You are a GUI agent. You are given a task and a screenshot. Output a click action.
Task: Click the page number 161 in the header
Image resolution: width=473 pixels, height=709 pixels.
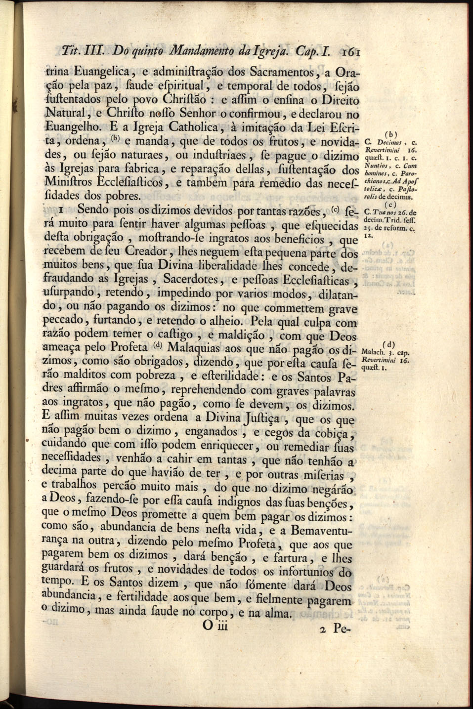[x=352, y=51]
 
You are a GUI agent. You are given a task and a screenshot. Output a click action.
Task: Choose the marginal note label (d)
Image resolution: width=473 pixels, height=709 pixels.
[x=390, y=344]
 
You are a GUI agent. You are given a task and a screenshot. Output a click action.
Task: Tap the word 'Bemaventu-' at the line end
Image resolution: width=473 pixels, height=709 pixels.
[x=321, y=532]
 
